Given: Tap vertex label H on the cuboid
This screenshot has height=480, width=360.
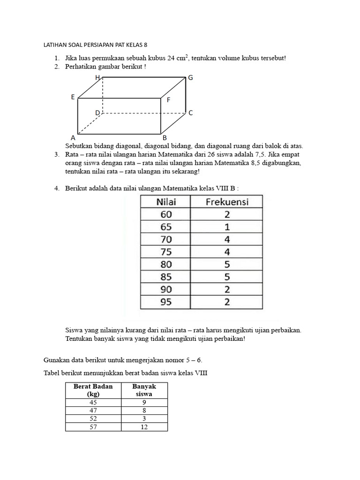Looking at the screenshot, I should [x=97, y=77].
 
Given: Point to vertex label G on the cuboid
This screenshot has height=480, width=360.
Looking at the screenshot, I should [x=190, y=77].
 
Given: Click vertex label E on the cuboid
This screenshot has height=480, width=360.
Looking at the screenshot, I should [x=73, y=97].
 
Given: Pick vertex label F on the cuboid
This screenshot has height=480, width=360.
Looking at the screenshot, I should [x=168, y=100].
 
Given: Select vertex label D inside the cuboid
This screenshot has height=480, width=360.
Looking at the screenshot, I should [x=97, y=113].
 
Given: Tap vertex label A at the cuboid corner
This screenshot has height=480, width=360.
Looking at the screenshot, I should [x=73, y=138].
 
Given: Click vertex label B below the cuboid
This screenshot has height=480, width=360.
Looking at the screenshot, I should [x=165, y=138].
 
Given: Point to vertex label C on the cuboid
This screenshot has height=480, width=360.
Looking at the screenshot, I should [x=190, y=113].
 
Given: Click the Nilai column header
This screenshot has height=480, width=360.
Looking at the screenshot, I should [x=165, y=202].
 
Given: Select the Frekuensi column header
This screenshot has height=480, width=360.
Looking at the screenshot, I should [x=226, y=202].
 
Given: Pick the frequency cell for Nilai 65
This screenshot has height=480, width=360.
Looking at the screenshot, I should [x=226, y=227].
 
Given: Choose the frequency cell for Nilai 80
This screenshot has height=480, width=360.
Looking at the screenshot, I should [x=226, y=264].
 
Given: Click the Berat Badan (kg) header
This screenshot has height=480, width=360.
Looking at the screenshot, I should [x=93, y=390].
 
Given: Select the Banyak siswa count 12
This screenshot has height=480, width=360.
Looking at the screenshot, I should [x=144, y=427].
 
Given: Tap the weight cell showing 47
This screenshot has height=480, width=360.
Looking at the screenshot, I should [x=93, y=410].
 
